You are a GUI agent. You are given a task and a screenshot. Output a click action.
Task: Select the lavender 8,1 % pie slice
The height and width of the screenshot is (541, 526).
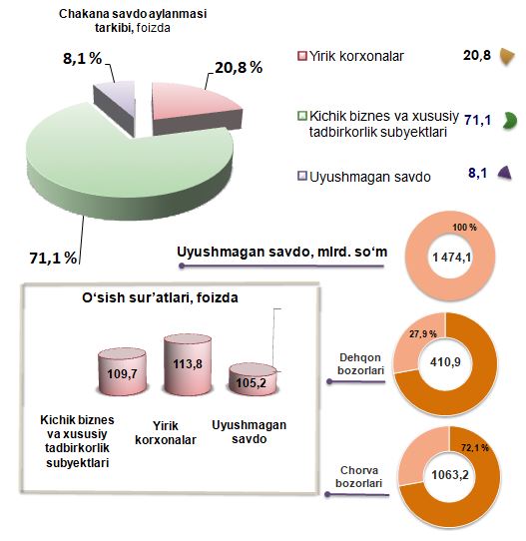pyautogui.click(x=117, y=104)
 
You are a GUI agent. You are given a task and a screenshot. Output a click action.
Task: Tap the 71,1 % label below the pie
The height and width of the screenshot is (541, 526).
pyautogui.click(x=53, y=258)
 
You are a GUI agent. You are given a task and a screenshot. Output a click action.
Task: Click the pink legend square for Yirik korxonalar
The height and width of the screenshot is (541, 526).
pyautogui.click(x=302, y=56)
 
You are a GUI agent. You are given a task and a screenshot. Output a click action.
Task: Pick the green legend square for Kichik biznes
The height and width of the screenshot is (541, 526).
pyautogui.click(x=302, y=116)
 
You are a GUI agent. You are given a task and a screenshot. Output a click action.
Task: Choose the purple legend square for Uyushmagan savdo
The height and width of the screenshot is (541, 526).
pyautogui.click(x=302, y=176)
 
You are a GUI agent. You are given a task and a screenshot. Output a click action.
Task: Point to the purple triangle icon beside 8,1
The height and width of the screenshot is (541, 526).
pyautogui.click(x=505, y=173)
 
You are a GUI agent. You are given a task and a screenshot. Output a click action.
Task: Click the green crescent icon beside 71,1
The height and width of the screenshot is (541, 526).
pyautogui.click(x=510, y=121)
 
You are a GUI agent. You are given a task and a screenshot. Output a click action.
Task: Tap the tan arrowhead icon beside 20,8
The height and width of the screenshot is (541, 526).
pyautogui.click(x=507, y=56)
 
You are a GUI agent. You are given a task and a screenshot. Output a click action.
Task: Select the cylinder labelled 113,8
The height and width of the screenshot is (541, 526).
pyautogui.click(x=188, y=364)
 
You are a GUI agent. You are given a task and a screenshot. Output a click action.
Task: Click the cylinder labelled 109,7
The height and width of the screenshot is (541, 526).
pyautogui.click(x=122, y=372)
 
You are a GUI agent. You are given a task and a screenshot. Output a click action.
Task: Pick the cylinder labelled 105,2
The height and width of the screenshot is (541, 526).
pyautogui.click(x=253, y=379)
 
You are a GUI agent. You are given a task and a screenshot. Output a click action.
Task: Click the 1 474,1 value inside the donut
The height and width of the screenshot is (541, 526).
pyautogui.click(x=451, y=258)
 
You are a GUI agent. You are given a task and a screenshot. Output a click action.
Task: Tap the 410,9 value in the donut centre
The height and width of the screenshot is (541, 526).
pyautogui.click(x=445, y=362)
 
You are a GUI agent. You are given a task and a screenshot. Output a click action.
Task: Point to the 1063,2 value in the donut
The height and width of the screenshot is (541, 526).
pyautogui.click(x=450, y=475)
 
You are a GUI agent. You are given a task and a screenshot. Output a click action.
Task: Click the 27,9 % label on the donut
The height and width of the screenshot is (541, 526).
pyautogui.click(x=423, y=334)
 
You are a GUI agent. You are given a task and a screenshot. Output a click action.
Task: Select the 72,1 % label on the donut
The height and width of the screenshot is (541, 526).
pyautogui.click(x=475, y=447)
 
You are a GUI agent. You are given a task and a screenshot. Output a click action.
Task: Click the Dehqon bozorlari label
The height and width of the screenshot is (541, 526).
pyautogui.click(x=360, y=364)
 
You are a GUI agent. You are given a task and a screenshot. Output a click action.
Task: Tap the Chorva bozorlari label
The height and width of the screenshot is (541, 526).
pyautogui.click(x=359, y=476)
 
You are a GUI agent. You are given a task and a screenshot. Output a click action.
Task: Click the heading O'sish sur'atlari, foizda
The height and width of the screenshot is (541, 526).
pyautogui.click(x=160, y=297)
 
